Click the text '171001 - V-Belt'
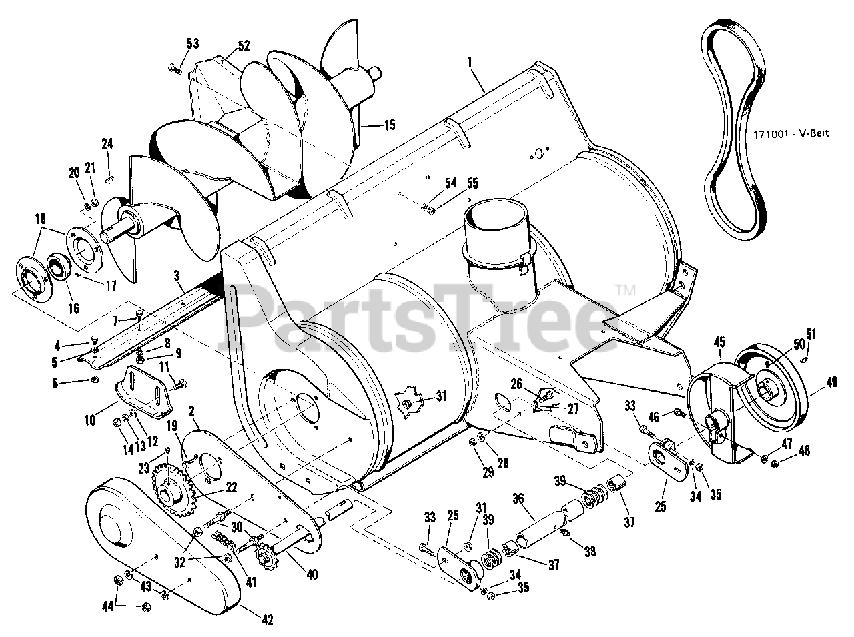pos(800,134)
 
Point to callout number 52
pos(243,46)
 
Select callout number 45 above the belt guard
pos(719,342)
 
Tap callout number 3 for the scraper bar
pos(177,275)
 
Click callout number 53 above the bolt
pos(192,44)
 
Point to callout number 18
pos(40,219)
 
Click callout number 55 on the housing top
pos(472,182)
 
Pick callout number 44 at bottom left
pos(106,606)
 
